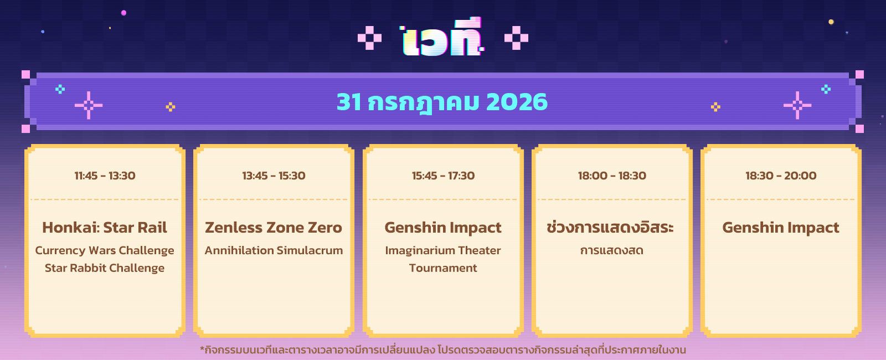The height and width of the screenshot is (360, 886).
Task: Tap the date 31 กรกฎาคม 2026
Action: tap(442, 102)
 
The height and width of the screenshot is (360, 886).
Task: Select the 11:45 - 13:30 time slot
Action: tap(105, 176)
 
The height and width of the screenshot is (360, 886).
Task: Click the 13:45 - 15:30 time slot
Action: tap(274, 176)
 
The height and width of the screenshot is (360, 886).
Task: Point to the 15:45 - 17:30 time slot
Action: tap(443, 176)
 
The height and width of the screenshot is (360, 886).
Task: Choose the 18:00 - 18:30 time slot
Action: tap(612, 176)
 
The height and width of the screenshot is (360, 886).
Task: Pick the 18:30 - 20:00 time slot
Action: tap(781, 176)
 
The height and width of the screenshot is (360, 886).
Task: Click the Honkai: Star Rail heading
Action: tap(105, 228)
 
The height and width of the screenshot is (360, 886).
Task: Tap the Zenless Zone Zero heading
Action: tap(274, 228)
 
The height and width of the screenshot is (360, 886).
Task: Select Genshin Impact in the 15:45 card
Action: tap(443, 228)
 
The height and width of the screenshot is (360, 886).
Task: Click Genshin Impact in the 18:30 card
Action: tap(781, 228)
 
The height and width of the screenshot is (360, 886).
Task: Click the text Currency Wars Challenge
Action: tap(105, 251)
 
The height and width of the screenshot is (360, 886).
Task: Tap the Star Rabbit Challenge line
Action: tap(105, 268)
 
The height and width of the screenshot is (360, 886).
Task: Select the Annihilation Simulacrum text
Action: tap(274, 250)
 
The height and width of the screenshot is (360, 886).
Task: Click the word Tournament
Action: tap(443, 268)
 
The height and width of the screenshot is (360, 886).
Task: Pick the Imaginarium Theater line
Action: tap(443, 251)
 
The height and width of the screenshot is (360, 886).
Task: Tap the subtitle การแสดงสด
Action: tap(611, 251)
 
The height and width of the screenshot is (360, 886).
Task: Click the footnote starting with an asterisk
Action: tap(443, 349)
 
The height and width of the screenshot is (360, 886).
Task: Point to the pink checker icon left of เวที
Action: tap(369, 38)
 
